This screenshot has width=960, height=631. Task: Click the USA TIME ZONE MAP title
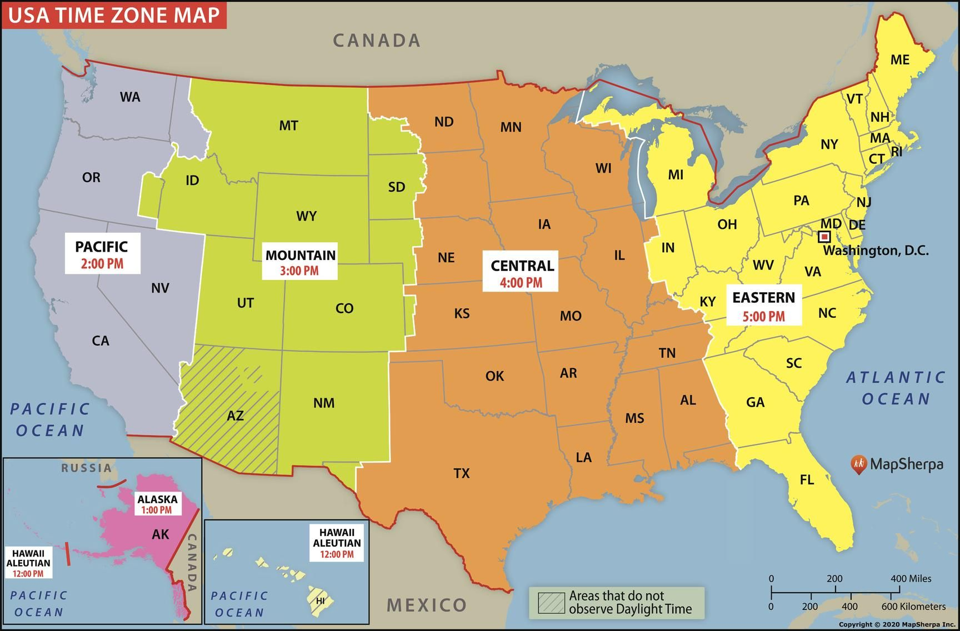coord(114,14)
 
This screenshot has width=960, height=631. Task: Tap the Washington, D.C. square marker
coord(825,237)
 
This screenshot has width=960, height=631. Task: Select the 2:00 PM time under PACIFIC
coord(102,264)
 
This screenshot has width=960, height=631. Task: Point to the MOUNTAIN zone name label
coord(300,256)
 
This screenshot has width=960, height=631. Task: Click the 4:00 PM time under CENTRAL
coord(521,283)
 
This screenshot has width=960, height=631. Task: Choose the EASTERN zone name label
coord(763,298)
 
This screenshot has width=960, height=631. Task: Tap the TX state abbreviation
coord(462,473)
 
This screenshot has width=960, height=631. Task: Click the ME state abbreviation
coord(899,59)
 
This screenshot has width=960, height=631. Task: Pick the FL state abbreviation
coord(807,479)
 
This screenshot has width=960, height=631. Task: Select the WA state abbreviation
coord(130,97)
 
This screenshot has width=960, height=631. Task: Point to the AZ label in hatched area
coord(235,415)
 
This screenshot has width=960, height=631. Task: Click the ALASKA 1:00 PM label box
coord(157,504)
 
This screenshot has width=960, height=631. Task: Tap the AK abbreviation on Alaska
coord(161,534)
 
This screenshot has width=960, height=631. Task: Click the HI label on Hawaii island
coord(320,601)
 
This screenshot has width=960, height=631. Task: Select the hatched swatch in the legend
coord(551,603)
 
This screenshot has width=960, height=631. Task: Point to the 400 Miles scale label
coord(911,578)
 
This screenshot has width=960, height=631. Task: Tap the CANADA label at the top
coord(377,40)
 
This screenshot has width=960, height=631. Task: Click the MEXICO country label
coord(427,605)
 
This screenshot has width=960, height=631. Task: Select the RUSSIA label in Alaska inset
coord(86,468)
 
